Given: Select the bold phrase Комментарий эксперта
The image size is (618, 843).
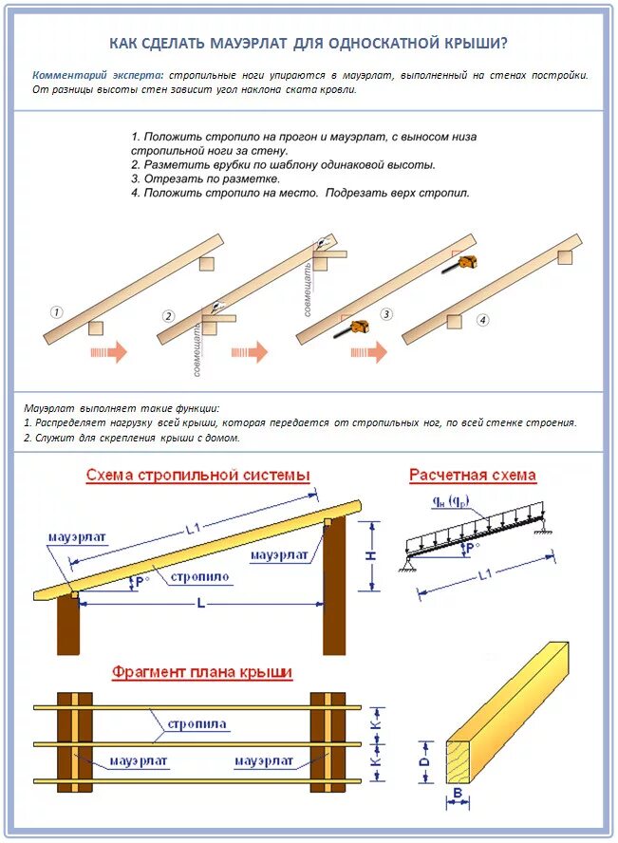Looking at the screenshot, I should [x=97, y=74].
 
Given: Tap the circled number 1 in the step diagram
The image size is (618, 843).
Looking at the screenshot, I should [x=57, y=311].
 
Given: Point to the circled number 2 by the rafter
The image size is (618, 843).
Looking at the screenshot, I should [x=169, y=316].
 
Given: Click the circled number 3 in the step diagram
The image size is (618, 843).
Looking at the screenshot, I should [x=386, y=313].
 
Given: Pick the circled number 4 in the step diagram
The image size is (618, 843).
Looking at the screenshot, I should [x=483, y=320].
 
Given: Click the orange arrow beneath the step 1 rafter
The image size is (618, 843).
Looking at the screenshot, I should [x=108, y=352].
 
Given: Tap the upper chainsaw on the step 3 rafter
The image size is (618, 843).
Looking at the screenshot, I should [x=464, y=262].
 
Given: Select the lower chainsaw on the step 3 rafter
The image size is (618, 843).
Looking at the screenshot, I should [x=356, y=328].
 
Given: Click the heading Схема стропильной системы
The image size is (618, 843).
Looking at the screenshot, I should [x=197, y=475].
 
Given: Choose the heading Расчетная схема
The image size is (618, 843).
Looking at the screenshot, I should [x=472, y=475].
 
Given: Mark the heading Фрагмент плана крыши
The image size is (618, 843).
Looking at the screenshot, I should [x=202, y=672].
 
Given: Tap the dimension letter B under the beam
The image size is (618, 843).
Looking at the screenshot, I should [x=457, y=793].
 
